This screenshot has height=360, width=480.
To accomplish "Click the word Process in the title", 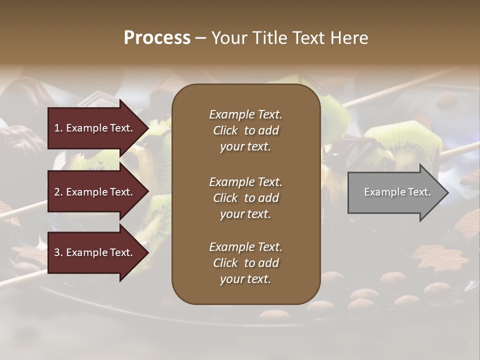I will point(157,38).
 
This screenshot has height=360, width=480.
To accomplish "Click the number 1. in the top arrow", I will point(58,128).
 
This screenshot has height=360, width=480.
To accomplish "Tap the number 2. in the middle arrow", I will point(58,192).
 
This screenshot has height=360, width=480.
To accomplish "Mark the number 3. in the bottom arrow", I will point(58,252).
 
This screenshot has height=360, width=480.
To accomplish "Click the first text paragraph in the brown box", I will point(245,130).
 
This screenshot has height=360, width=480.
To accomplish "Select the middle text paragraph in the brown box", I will point(245,198).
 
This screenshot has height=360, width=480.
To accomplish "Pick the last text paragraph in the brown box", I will point(245,263).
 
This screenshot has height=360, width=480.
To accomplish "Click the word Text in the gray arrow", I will point(419,192).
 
